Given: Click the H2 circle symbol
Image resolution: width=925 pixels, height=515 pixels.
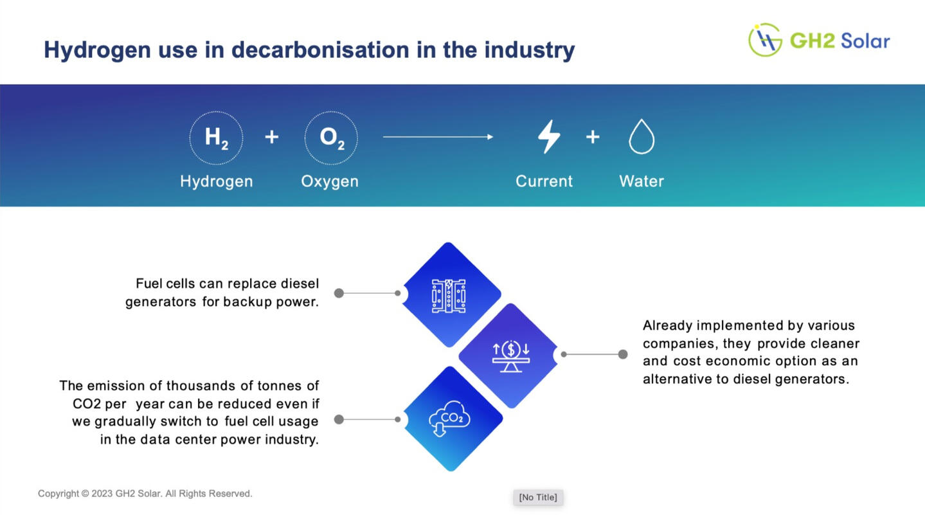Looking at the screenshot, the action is coord(216,138).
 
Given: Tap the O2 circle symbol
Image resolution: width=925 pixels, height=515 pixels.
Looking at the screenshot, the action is coord(331,138).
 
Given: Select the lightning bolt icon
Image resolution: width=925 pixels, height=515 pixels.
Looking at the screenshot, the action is coord(549,137).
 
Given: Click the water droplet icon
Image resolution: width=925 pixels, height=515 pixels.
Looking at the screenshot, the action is coord(642,136).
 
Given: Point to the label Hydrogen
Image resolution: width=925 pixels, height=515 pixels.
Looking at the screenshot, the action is coord(217,182).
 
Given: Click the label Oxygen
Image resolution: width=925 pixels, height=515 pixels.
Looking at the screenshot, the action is coord(330,182).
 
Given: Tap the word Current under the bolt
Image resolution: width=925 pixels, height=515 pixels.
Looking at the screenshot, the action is coord(544,181).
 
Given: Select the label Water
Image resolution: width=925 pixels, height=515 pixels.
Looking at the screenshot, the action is coord(642,181).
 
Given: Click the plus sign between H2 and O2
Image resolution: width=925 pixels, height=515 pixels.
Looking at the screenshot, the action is coord(272,137).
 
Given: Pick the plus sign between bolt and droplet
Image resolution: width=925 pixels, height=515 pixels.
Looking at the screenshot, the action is coord(593,137).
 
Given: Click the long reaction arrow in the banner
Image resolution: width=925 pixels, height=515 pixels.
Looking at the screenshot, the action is coord(438,137).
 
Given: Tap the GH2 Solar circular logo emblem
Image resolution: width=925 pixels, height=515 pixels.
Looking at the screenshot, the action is coord(765,40).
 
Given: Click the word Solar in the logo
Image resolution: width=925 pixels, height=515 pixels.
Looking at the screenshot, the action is coord(865,41).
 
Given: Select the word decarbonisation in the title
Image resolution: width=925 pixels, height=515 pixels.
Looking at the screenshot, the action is coord(321,50).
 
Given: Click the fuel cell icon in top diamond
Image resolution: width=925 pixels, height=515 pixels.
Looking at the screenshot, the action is coord(449,296).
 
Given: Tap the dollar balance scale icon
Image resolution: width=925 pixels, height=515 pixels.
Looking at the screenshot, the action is coord(511,356).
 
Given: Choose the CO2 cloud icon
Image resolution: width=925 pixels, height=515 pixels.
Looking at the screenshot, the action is coord(449,418).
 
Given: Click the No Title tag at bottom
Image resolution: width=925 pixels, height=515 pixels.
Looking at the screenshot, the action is coord(538,497).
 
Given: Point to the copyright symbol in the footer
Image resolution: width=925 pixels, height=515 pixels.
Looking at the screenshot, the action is coord(85,494).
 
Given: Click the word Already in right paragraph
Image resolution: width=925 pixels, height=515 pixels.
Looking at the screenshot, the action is coord(667,326).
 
